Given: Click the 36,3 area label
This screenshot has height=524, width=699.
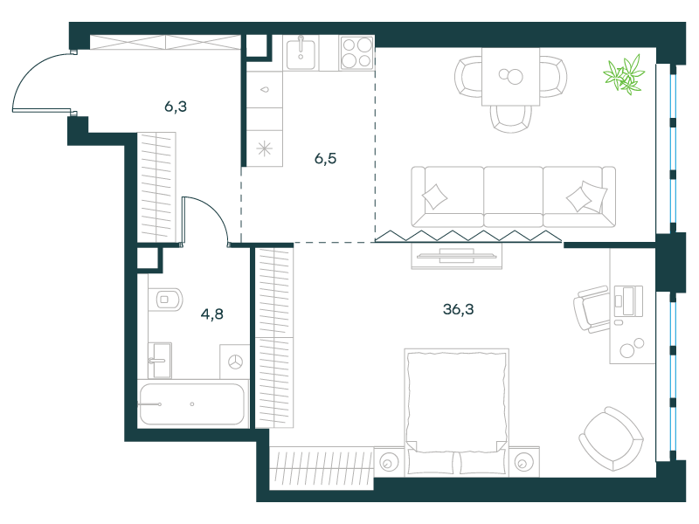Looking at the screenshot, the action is pyautogui.click(x=458, y=309).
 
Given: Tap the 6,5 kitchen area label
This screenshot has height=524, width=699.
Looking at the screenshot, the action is pyautogui.click(x=325, y=159).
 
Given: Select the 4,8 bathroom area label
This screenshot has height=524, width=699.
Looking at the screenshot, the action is pyautogui.click(x=211, y=314).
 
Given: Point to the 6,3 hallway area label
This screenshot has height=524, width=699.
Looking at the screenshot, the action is pyautogui.click(x=176, y=107).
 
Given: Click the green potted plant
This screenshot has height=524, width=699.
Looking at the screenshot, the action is pyautogui.click(x=624, y=75).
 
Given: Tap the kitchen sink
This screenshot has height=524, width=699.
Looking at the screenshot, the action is pyautogui.click(x=301, y=53).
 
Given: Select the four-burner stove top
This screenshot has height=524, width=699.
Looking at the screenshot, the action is pyautogui.click(x=356, y=53).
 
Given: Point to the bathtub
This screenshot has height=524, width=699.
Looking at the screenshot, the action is pyautogui.click(x=192, y=404).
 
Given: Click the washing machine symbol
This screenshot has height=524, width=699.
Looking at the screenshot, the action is pyautogui.click(x=235, y=362).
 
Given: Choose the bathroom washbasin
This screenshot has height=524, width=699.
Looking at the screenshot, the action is pyautogui.click(x=160, y=360).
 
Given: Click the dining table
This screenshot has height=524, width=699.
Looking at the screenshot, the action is pyautogui.click(x=511, y=77).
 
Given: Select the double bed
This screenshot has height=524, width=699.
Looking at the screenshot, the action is pyautogui.click(x=456, y=411).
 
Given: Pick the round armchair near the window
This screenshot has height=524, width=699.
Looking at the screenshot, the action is pyautogui.click(x=611, y=438).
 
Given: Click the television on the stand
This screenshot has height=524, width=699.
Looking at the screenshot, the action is pyautogui.click(x=456, y=256).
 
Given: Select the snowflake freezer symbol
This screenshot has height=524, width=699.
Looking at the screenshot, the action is pyautogui.click(x=265, y=148).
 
